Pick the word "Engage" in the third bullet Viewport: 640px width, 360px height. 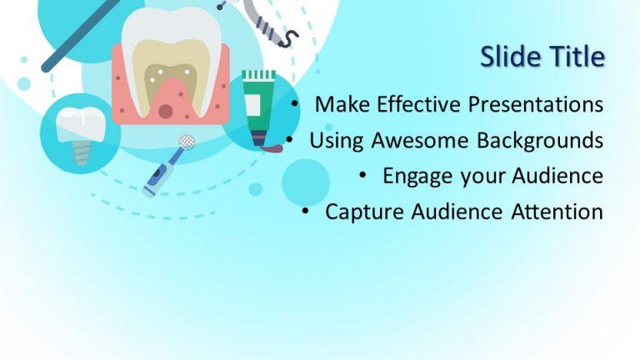click(x=412, y=177)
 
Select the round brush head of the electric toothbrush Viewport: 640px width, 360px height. click(x=187, y=142)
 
